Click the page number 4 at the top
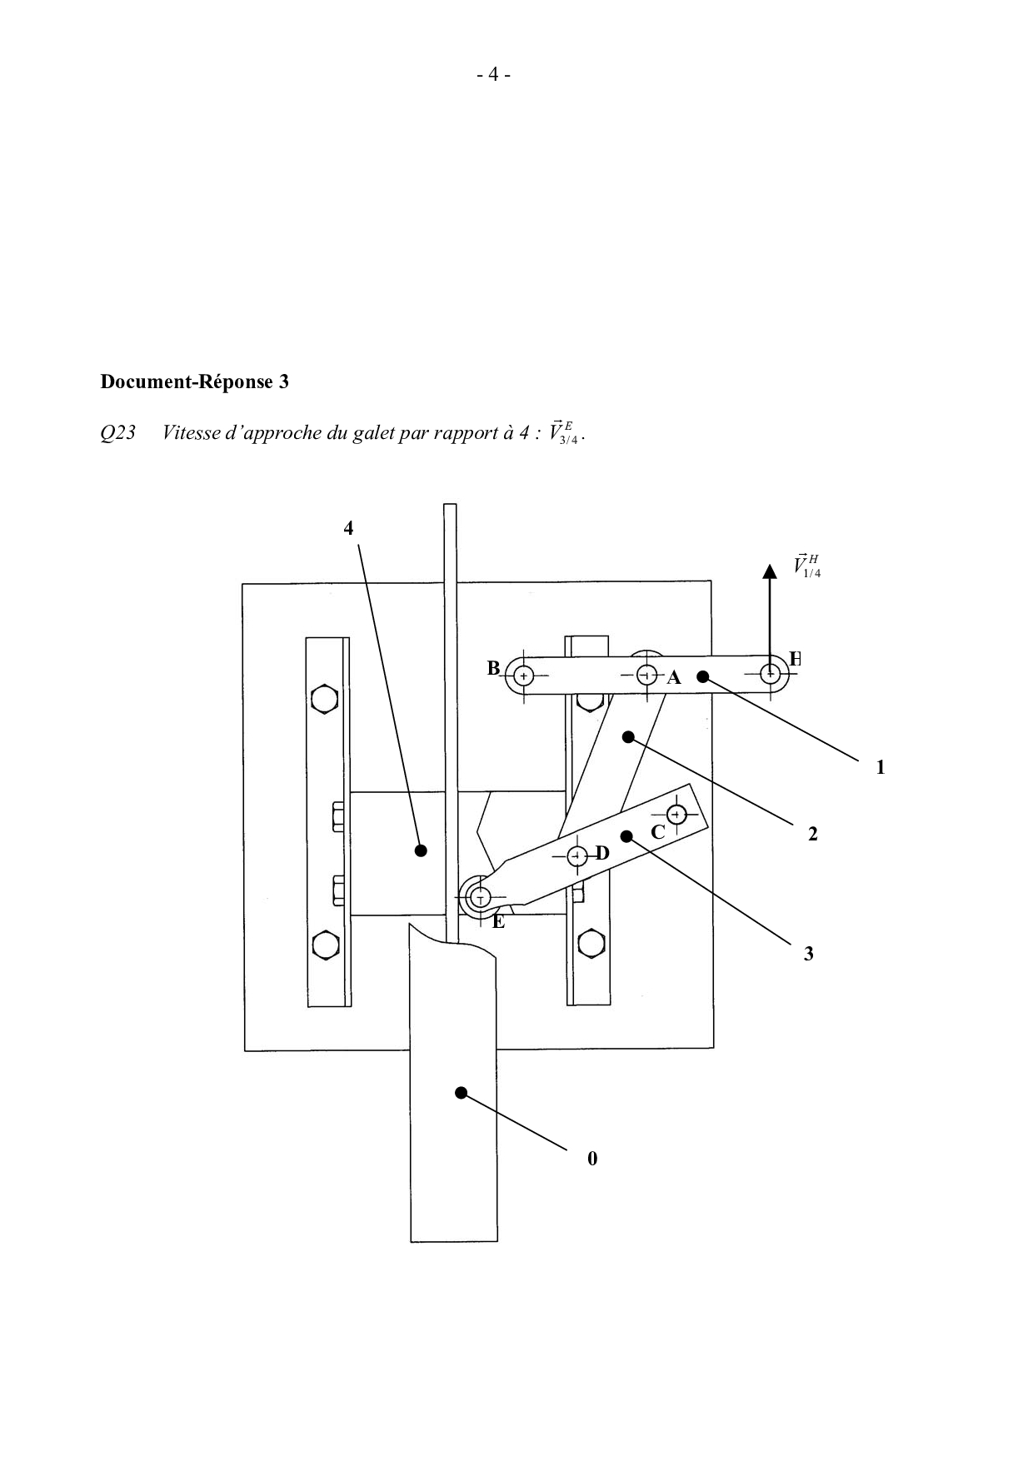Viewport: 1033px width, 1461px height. coord(493,75)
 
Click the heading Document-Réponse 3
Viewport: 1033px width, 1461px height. coord(194,382)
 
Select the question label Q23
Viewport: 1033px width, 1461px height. coord(117,434)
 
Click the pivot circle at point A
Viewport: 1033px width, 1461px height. coord(647,675)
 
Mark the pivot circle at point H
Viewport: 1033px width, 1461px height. coord(771,674)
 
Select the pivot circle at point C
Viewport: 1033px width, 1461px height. coord(677,814)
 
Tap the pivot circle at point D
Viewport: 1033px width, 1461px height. coord(576,855)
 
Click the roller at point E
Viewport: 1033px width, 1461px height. coord(479,898)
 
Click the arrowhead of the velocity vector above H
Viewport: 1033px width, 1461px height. coord(770,571)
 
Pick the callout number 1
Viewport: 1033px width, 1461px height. coord(881,767)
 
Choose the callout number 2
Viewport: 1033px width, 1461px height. coord(813,834)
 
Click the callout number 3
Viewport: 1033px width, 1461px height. coord(808,955)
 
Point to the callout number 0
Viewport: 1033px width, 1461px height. coord(592,1159)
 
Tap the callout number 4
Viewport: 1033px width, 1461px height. coord(349,528)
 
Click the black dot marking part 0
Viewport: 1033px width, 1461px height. coord(461,1092)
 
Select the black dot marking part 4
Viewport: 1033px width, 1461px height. coord(421,850)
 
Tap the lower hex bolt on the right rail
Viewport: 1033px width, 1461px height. coord(590,944)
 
